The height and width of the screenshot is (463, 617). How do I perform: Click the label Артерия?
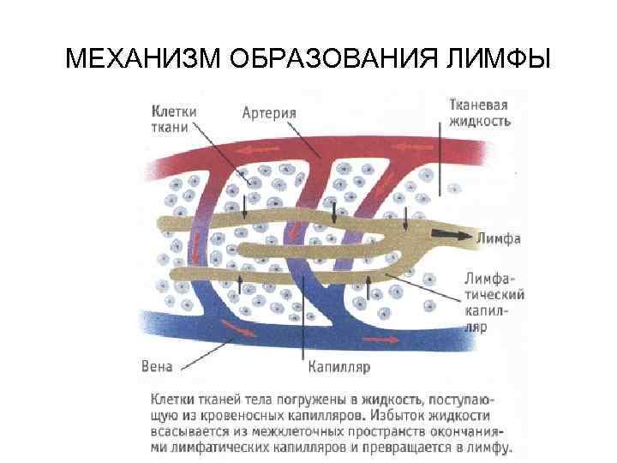[269, 112]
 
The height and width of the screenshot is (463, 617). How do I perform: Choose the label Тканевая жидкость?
[480, 113]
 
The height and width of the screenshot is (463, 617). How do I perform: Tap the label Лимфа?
[499, 238]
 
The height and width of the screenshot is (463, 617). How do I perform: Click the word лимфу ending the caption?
[488, 447]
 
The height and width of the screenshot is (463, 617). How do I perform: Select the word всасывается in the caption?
[189, 431]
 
